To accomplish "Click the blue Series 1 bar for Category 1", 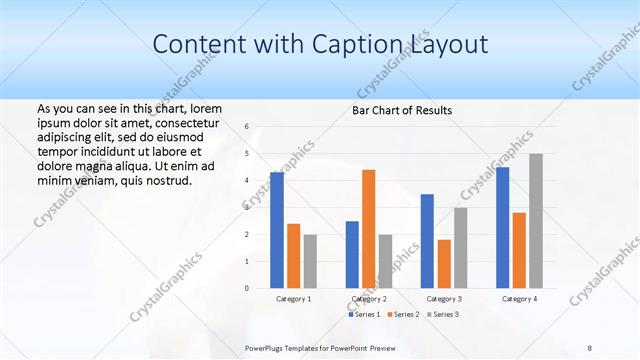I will click(276, 230).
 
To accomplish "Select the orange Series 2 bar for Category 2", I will click(368, 229).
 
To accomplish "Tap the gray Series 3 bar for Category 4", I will click(536, 221).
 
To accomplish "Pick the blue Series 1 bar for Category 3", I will click(427, 241).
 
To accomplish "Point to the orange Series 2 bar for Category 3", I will click(444, 264).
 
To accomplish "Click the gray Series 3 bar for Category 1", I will click(310, 261).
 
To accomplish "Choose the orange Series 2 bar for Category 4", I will click(519, 250).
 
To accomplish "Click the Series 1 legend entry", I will click(364, 315).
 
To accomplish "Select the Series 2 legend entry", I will click(403, 315).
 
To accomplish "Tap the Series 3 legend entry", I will click(443, 315).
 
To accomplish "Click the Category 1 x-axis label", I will click(293, 298).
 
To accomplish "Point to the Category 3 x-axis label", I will click(444, 298).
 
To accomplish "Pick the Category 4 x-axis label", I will click(519, 298).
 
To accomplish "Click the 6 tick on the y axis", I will click(246, 127).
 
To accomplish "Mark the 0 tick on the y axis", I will click(246, 288).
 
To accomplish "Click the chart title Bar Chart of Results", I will click(402, 110).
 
